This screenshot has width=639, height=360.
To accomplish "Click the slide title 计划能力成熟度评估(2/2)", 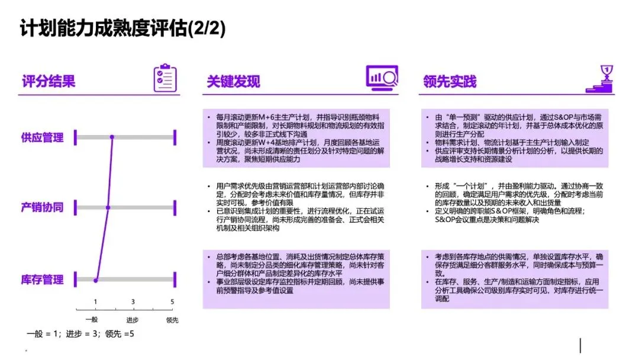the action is click(x=122, y=29).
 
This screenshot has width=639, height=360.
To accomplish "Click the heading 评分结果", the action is click(x=49, y=81).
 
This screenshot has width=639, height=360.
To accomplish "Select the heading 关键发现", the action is click(x=233, y=81).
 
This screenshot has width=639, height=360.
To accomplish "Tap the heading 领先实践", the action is click(x=450, y=81).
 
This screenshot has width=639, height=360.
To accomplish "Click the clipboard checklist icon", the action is click(x=165, y=78).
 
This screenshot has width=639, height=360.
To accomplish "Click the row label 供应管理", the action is click(x=42, y=138).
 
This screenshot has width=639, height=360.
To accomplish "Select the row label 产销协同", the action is click(x=42, y=207).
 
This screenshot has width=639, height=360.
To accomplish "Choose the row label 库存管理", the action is click(x=42, y=279).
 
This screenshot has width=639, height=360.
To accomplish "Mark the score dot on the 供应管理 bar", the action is click(x=112, y=138).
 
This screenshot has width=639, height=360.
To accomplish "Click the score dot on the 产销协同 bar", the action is click(x=108, y=207).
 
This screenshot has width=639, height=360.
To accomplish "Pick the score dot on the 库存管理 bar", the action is click(x=95, y=279).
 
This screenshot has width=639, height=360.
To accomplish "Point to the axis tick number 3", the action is click(x=133, y=302).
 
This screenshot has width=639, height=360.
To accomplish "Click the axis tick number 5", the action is click(x=172, y=302).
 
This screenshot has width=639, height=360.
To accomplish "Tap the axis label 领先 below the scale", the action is click(x=172, y=320).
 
